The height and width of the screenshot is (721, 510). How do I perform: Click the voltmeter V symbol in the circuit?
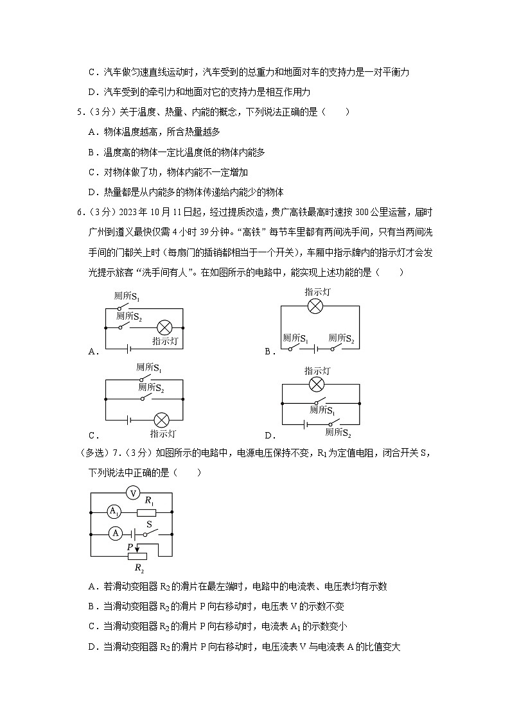tap(132, 492)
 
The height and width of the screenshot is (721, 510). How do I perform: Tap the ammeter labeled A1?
tap(113, 512)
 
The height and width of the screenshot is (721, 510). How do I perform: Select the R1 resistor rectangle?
tap(146, 512)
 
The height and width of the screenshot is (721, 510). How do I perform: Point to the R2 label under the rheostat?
tap(139, 568)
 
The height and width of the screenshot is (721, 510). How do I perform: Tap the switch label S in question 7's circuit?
tap(148, 524)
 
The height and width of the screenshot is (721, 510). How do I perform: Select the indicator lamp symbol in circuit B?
tap(315, 306)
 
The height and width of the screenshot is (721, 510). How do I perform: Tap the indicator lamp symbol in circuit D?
tap(316, 385)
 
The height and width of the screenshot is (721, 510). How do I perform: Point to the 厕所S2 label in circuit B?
tap(341, 338)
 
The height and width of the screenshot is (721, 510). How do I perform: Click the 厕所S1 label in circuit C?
tap(148, 368)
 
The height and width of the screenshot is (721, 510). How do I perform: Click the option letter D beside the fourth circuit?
tap(267, 435)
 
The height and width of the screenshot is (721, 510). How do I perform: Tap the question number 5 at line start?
tap(79, 112)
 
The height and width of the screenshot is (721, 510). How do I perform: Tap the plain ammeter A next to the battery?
tap(116, 533)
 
